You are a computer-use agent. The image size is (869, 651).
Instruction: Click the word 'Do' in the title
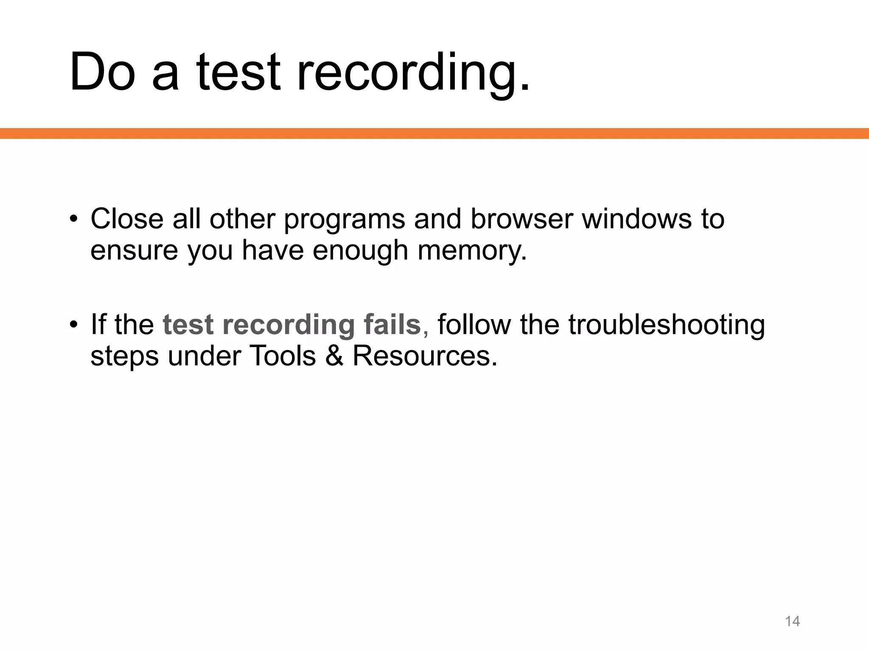(102, 72)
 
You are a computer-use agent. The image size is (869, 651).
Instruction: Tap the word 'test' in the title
(238, 72)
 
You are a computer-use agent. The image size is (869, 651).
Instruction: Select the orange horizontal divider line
(434, 134)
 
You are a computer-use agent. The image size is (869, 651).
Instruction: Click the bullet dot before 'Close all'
(74, 219)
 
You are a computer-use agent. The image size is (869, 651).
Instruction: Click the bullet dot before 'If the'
(74, 325)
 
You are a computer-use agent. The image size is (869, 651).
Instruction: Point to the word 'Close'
(127, 219)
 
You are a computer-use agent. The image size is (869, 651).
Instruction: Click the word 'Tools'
(283, 356)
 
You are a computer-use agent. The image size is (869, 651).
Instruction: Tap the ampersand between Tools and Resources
(334, 356)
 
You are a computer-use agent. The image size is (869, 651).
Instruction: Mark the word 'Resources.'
(425, 356)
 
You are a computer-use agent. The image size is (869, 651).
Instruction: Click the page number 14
(792, 621)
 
